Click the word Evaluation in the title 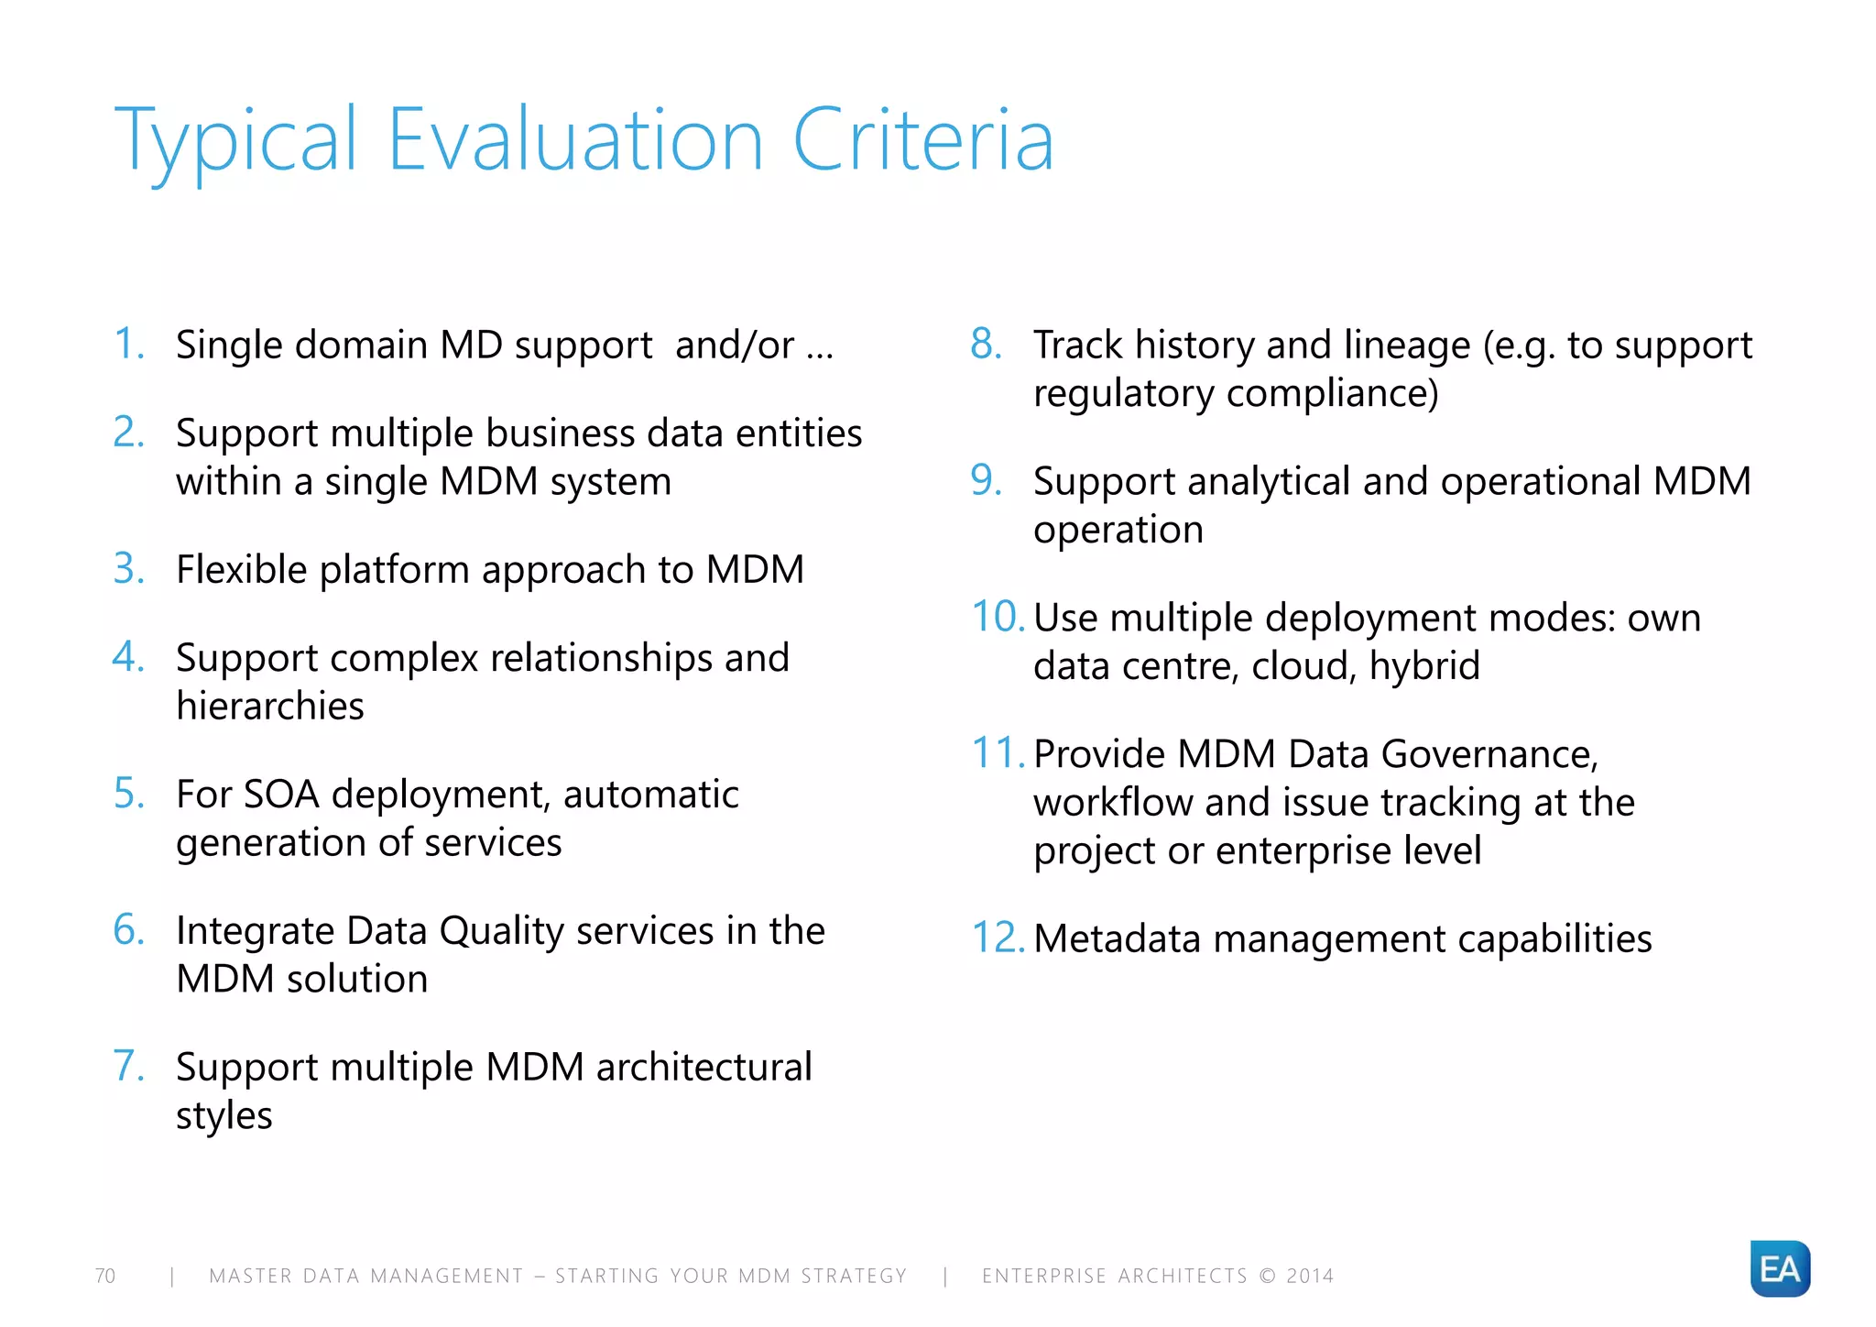tap(575, 140)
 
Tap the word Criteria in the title tap(922, 140)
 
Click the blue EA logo tap(1779, 1268)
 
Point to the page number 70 tap(105, 1276)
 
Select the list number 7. tap(127, 1066)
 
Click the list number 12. tap(996, 938)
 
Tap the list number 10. tap(996, 617)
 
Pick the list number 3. tap(127, 568)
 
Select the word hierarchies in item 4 tap(270, 706)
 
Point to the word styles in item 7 tap(224, 1116)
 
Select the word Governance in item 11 tap(1489, 754)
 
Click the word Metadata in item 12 tap(1117, 938)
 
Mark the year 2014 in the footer tap(1310, 1276)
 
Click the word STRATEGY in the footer tap(854, 1276)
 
